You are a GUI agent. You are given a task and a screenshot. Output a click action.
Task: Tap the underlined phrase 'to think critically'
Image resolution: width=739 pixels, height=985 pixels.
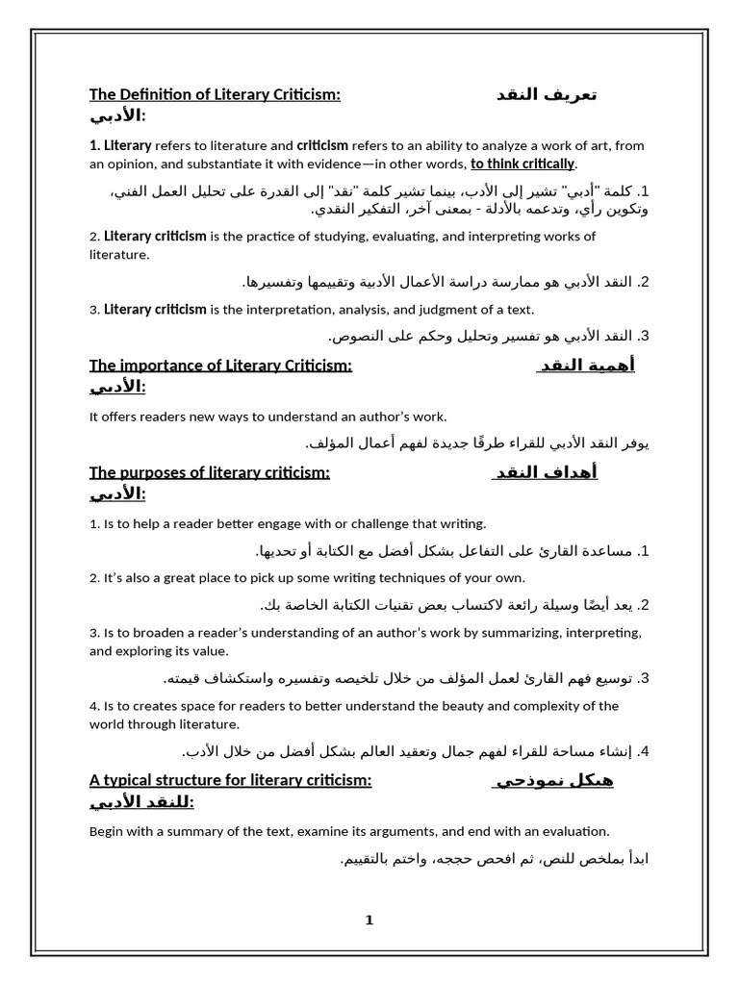pos(522,164)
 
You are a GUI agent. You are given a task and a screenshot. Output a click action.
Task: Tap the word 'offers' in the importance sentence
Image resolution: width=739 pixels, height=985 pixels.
pos(120,417)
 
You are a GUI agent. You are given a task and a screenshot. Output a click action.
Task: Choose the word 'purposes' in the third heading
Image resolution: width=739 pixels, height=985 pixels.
pos(154,472)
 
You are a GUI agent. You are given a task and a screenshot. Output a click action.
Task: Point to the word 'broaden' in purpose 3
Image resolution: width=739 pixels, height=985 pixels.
pos(160,632)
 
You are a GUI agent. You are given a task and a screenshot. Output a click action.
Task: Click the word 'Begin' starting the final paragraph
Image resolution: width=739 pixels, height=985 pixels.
pos(106,831)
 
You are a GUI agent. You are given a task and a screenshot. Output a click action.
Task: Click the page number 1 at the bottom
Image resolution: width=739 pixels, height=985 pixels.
pos(369,921)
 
